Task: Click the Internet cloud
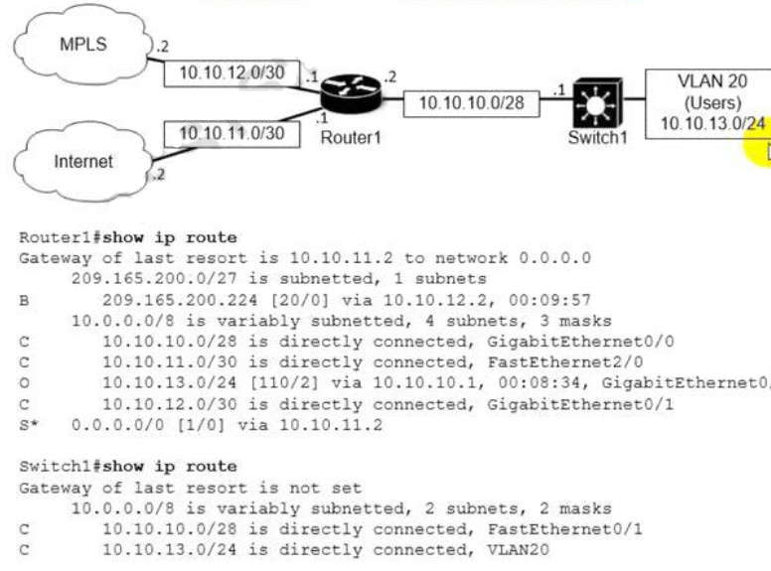(83, 160)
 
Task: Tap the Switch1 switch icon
(597, 100)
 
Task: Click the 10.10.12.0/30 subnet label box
(231, 72)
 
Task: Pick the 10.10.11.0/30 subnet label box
(231, 132)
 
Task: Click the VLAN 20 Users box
(708, 101)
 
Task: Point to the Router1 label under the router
(351, 137)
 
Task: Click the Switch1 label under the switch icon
(597, 137)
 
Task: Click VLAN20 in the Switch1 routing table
(522, 549)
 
